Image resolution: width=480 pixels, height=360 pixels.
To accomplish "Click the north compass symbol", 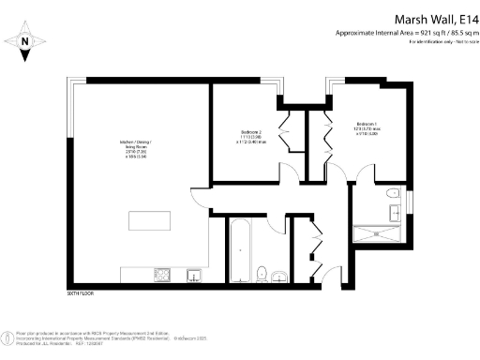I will (25, 41).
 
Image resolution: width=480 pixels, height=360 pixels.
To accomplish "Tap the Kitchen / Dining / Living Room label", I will (135, 151).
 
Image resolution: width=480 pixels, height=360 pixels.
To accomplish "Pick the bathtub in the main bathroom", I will (241, 248).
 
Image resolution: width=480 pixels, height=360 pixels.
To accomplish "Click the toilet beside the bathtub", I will (263, 273).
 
